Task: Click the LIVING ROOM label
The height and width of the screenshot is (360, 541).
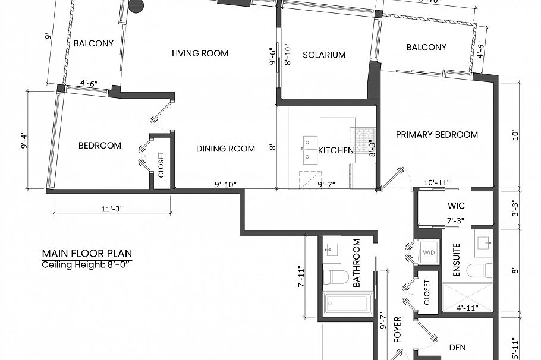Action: point(200,53)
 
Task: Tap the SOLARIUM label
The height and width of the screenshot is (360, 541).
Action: point(324,55)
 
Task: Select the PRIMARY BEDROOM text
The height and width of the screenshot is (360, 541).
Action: point(437,135)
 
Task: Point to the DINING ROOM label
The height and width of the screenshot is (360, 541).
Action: point(226,149)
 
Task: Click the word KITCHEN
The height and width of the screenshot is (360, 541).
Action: point(336,150)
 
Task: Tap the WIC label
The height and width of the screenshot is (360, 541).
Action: point(456,206)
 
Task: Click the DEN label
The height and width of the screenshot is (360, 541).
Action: point(457,348)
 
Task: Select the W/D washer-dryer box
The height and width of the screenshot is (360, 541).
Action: point(429,252)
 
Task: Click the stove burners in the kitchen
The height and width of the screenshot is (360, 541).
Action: point(363,135)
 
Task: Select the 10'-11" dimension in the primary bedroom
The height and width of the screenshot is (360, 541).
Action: point(437,182)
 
